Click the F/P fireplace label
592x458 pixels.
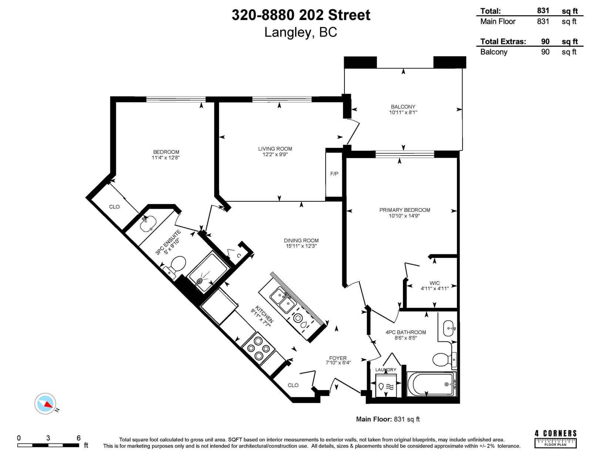tap(334, 174)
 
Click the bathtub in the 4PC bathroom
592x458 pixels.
tap(431, 384)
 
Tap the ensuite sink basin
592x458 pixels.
tap(148, 224)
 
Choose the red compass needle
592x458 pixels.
tap(48, 404)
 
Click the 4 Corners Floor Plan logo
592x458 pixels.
tap(555, 439)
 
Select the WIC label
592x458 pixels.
tap(434, 283)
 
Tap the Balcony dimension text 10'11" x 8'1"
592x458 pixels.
tap(403, 112)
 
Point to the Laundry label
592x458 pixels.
tap(386, 370)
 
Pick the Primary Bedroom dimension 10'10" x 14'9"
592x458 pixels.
tap(404, 216)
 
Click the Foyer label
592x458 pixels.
tap(338, 358)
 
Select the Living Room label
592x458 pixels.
tap(275, 149)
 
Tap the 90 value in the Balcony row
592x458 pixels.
tap(545, 52)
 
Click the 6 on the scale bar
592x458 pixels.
tap(78, 438)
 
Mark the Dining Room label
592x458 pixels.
tap(301, 240)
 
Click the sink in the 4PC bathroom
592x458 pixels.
tap(449, 328)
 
